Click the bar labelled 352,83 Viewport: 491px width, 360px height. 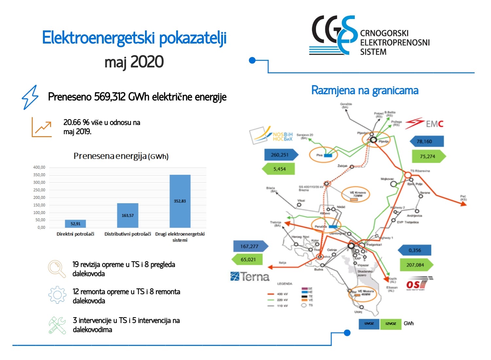coord(180,201)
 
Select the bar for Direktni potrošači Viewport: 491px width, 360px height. coord(75,224)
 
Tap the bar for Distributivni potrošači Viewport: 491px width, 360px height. coord(128,215)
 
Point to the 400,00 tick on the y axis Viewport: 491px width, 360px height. coord(39,167)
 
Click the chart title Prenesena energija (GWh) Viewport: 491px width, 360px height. coord(121,156)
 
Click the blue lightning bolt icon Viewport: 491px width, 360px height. coord(30,97)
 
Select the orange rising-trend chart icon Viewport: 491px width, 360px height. coord(42,127)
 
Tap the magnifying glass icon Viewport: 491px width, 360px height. coord(57,269)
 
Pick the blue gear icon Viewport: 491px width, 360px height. coord(57,295)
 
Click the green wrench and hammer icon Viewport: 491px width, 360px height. coord(57,325)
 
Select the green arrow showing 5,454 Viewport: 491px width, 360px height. coord(279,169)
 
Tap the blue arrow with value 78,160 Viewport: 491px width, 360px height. coord(427,141)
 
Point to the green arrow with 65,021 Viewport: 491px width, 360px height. coord(247,260)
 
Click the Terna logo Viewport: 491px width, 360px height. coord(250,277)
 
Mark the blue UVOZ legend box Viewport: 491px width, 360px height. coord(369,324)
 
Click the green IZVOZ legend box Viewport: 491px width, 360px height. coord(391,324)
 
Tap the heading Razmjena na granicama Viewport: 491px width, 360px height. coord(365,90)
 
